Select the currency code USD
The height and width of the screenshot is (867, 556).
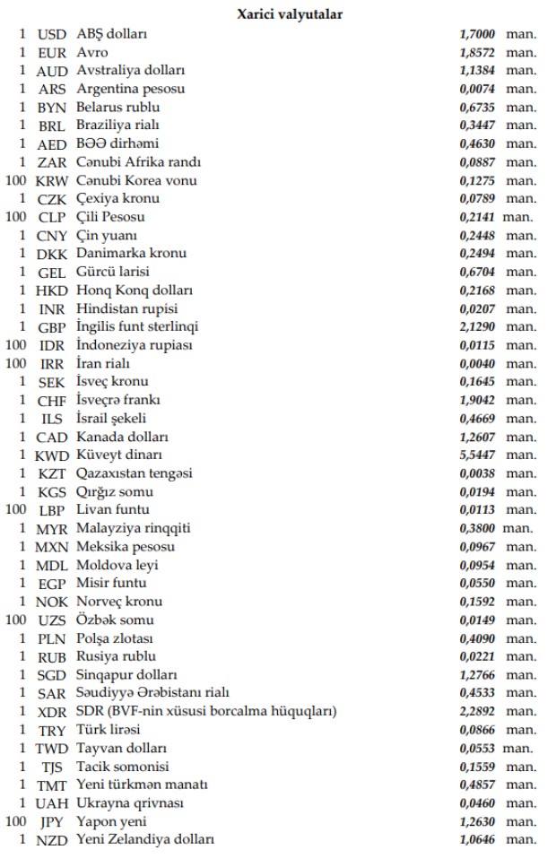point(52,34)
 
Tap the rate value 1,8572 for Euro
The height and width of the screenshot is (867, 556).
point(477,53)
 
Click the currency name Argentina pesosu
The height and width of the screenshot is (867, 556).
point(131,90)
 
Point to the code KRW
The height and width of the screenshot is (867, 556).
point(52,181)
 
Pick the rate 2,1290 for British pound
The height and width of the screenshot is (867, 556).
point(477,327)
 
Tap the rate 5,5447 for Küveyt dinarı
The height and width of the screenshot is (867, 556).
point(477,455)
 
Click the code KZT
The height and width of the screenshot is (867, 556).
point(52,473)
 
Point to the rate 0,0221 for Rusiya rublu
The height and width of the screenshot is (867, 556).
point(477,656)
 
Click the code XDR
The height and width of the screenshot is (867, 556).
point(52,712)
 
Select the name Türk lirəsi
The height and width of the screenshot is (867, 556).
point(109,730)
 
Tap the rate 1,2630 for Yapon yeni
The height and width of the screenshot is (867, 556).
point(477,821)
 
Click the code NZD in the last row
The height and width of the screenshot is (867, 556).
point(52,839)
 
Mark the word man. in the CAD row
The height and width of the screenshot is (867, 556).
point(521,437)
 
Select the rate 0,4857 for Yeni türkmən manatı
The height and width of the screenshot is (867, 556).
point(477,785)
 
